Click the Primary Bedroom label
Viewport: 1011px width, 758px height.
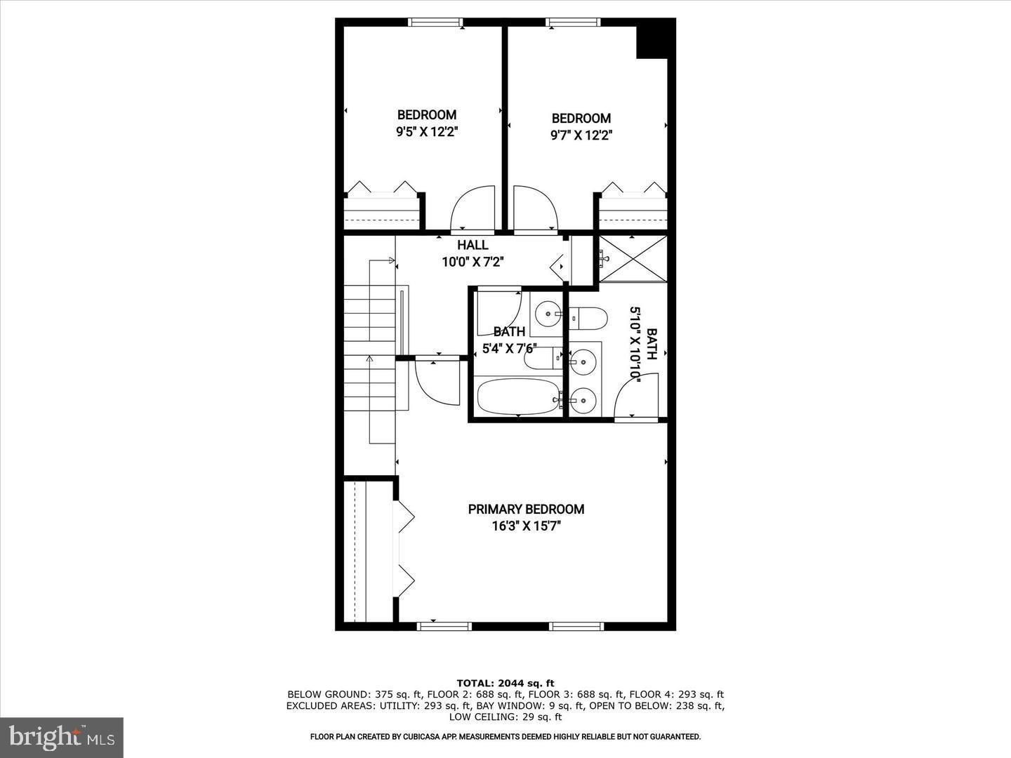[x=526, y=509]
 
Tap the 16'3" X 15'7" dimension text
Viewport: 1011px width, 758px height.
[x=526, y=526]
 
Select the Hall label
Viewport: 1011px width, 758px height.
[x=473, y=245]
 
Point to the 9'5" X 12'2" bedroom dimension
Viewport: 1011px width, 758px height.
[x=427, y=131]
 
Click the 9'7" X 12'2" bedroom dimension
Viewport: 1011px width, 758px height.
[x=581, y=135]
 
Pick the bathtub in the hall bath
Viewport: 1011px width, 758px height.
[x=518, y=397]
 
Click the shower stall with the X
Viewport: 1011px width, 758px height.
[x=633, y=258]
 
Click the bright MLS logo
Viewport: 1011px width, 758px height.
[x=62, y=737]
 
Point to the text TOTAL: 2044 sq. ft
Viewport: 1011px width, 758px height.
[x=505, y=682]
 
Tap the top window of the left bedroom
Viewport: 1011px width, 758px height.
[x=435, y=22]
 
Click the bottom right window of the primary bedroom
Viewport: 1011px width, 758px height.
[x=576, y=626]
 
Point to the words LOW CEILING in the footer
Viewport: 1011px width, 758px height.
[x=478, y=717]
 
